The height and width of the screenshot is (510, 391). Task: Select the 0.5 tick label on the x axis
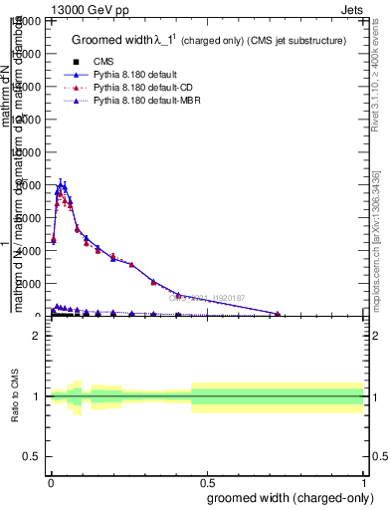(x=208, y=482)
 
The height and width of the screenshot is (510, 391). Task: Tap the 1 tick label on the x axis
(x=365, y=482)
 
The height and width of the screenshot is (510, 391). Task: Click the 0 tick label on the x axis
(x=50, y=482)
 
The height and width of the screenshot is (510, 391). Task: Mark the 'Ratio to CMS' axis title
(x=14, y=396)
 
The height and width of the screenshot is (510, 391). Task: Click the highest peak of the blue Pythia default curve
(x=62, y=183)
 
